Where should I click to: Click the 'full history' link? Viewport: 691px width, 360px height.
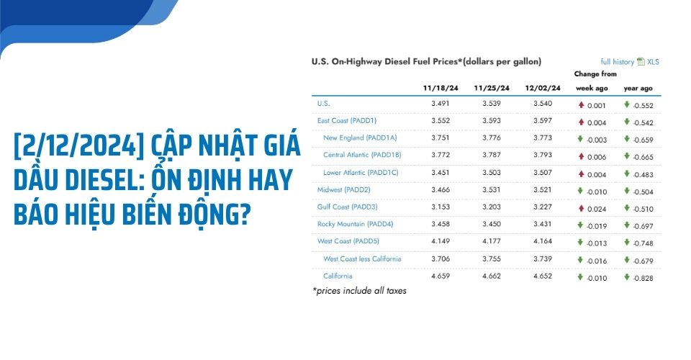pyautogui.click(x=617, y=62)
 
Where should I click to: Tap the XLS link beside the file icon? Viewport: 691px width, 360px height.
pyautogui.click(x=653, y=62)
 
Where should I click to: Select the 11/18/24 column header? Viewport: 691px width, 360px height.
pyautogui.click(x=441, y=88)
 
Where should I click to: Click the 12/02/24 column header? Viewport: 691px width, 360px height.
pyautogui.click(x=543, y=88)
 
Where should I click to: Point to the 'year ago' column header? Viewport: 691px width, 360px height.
pyautogui.click(x=638, y=88)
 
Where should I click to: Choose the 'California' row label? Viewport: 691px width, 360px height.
pyautogui.click(x=338, y=276)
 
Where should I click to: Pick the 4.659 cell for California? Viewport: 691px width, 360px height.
pyautogui.click(x=441, y=276)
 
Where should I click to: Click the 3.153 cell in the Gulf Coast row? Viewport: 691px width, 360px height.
pyautogui.click(x=441, y=207)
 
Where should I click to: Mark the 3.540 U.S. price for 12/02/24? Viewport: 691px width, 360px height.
pyautogui.click(x=543, y=104)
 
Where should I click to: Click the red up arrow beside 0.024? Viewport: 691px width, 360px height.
pyautogui.click(x=581, y=207)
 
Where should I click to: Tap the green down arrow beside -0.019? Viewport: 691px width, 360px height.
pyautogui.click(x=581, y=225)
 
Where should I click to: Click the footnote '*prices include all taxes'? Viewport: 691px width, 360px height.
pyautogui.click(x=359, y=292)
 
